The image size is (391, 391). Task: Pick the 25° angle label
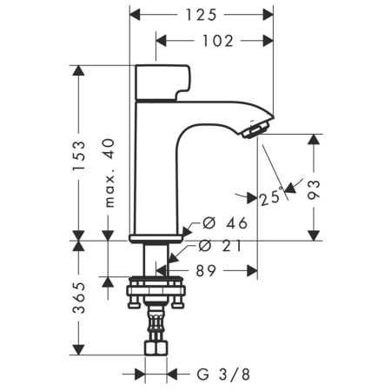271,196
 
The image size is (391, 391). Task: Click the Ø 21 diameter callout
223,246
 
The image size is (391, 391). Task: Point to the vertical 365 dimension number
79,299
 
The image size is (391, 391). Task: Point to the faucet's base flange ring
156,236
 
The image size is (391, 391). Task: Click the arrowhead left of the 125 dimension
136,15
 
